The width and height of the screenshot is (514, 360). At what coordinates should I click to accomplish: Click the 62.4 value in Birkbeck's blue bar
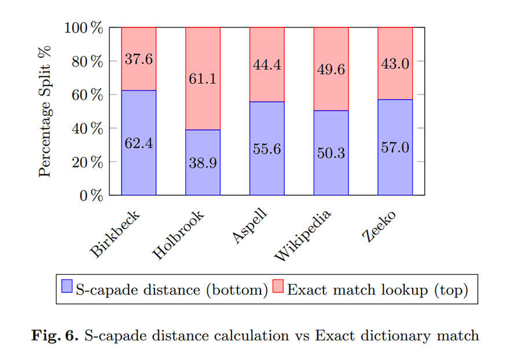click(x=139, y=143)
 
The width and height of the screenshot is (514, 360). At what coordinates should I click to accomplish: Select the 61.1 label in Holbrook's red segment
click(x=203, y=78)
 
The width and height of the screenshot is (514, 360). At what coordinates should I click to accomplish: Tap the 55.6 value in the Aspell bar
click(x=267, y=149)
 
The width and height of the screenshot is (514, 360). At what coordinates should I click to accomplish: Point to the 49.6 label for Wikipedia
click(x=331, y=70)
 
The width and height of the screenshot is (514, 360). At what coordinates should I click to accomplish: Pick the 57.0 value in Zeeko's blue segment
click(x=395, y=147)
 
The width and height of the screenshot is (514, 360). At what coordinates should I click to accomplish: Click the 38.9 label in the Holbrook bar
click(x=203, y=163)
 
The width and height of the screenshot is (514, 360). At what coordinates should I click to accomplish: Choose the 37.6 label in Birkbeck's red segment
click(x=139, y=59)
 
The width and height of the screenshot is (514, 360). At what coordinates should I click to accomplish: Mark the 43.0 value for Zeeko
click(x=395, y=64)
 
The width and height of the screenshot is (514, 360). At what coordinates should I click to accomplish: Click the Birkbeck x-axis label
click(x=116, y=233)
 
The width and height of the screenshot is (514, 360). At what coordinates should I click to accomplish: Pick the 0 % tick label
click(x=93, y=196)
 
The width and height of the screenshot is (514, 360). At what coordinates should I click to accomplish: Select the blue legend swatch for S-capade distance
click(x=68, y=287)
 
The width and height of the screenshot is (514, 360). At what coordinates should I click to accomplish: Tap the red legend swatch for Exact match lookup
click(x=279, y=287)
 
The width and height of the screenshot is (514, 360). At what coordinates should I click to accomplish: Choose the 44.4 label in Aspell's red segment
click(x=267, y=65)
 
